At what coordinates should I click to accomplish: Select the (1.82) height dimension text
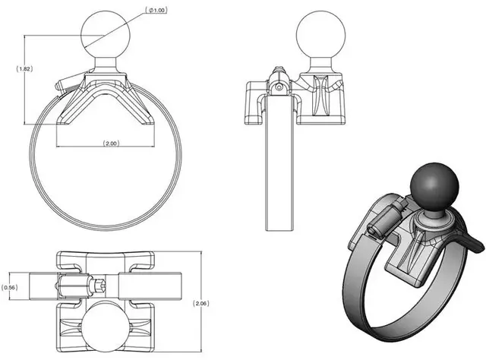click(24, 68)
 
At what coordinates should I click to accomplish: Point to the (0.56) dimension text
click(10, 288)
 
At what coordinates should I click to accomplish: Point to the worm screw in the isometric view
click(382, 220)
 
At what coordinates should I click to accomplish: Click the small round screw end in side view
click(280, 87)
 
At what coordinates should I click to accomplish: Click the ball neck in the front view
click(104, 67)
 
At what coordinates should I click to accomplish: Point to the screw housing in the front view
click(68, 82)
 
